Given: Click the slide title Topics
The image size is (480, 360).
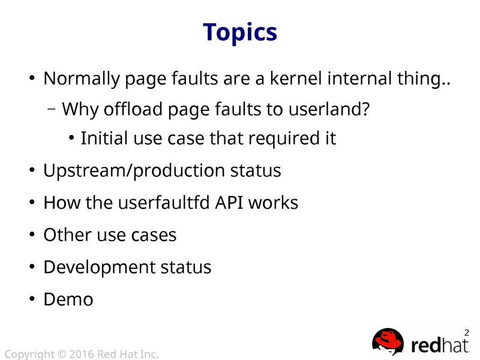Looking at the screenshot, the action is pyautogui.click(x=240, y=33).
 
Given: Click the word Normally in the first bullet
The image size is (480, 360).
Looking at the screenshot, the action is pyautogui.click(x=82, y=79).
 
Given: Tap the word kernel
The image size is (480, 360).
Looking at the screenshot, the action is pyautogui.click(x=296, y=78).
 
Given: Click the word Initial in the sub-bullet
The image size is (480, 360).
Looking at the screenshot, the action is pyautogui.click(x=104, y=138).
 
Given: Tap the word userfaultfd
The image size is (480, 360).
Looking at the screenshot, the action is pyautogui.click(x=164, y=203).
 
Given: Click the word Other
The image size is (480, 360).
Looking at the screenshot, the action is pyautogui.click(x=67, y=235).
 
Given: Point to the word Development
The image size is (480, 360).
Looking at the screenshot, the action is pyautogui.click(x=100, y=268).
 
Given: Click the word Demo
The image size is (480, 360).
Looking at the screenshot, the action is pyautogui.click(x=68, y=299).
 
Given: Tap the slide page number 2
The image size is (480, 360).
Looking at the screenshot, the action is pyautogui.click(x=467, y=333).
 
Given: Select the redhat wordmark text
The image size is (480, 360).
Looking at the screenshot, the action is pyautogui.click(x=440, y=345).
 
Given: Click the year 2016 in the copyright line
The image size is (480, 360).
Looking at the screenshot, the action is pyautogui.click(x=82, y=354).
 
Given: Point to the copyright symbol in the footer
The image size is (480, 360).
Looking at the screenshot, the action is pyautogui.click(x=62, y=354).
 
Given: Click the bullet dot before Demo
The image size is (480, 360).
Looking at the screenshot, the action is pyautogui.click(x=32, y=299).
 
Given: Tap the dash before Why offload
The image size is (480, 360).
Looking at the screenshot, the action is pyautogui.click(x=52, y=109).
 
